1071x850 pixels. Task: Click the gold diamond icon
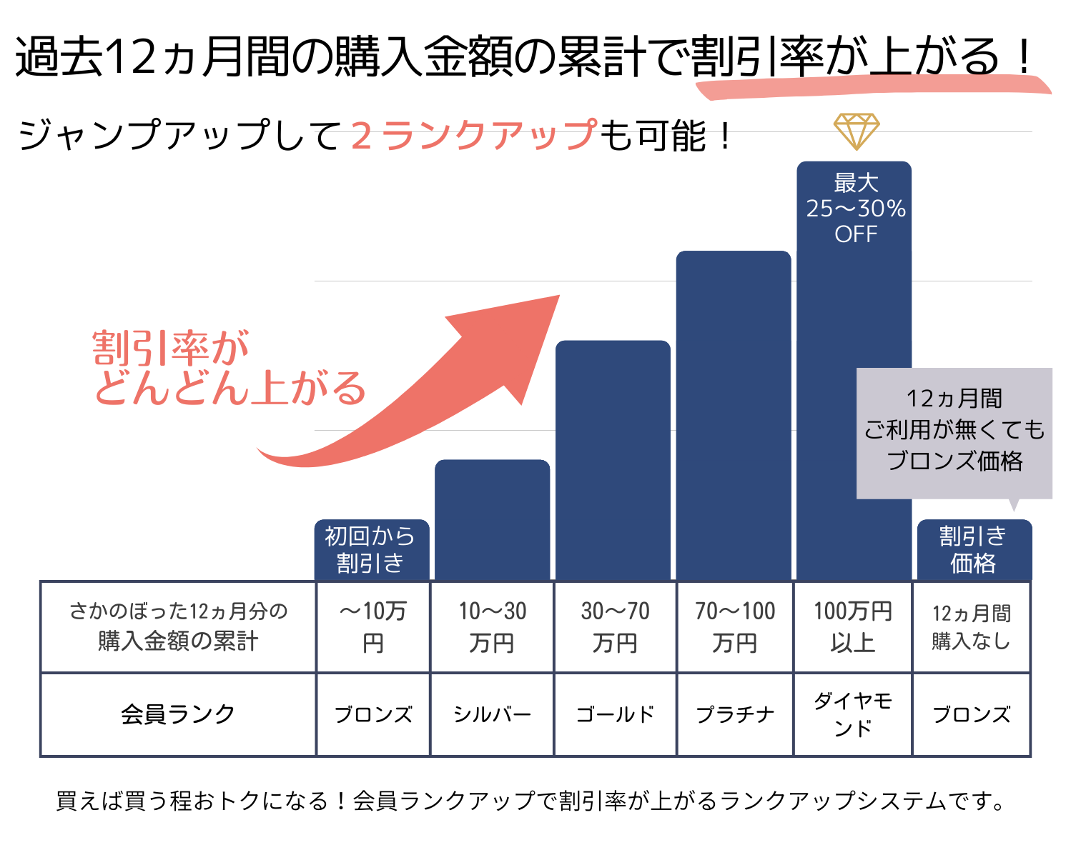856,131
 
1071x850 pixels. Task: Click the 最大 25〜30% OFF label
855,209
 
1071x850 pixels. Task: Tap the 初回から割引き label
371,549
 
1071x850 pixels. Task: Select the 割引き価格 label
973,549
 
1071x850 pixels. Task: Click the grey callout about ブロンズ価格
954,431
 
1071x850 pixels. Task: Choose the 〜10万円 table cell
372,626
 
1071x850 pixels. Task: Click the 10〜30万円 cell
492,626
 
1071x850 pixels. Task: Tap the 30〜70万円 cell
615,626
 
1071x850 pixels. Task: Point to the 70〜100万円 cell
735,626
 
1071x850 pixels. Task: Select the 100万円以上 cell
853,626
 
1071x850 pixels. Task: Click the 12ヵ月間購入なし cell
972,626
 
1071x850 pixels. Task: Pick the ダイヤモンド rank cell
853,714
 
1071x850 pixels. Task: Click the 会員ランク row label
178,714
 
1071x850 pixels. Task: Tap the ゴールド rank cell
615,714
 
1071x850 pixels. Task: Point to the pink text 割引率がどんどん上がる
229,369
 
